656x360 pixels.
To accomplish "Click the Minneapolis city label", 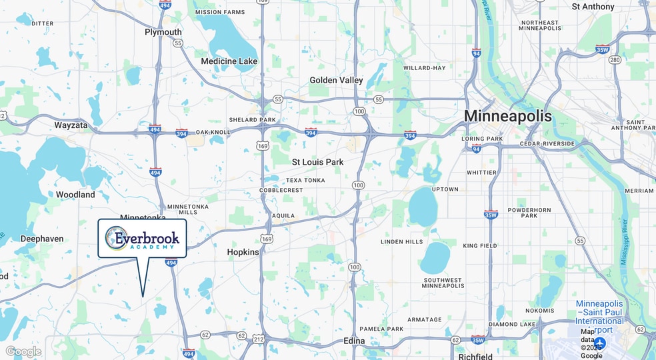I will click(x=507, y=116).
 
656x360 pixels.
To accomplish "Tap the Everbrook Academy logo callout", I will click(x=142, y=238).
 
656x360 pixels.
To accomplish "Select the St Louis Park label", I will click(x=317, y=162).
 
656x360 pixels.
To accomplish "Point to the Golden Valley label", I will click(x=336, y=80).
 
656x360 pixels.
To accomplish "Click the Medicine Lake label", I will click(x=229, y=61).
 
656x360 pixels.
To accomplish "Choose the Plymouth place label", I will click(x=163, y=32).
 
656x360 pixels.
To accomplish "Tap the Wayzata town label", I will click(x=71, y=125).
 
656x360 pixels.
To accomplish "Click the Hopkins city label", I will click(x=243, y=252).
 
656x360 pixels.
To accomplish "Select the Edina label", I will click(x=354, y=341).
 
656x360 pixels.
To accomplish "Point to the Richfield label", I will click(x=475, y=357).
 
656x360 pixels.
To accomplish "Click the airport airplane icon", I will click(x=599, y=343).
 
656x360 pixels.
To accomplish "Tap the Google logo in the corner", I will click(x=23, y=351).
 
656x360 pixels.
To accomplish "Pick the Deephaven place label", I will click(x=42, y=238).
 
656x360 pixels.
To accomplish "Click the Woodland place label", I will click(x=75, y=195).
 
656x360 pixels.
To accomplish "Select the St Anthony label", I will click(x=593, y=7).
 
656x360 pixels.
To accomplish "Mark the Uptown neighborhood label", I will click(x=445, y=189).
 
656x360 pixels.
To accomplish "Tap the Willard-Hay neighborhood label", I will click(x=424, y=68).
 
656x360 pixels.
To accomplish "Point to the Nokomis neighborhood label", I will click(x=539, y=311).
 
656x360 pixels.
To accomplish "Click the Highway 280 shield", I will click(x=615, y=60).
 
